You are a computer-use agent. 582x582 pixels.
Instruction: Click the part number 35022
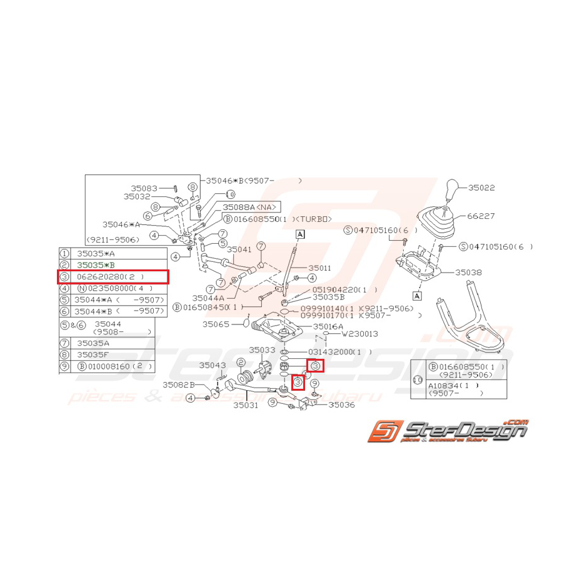tap(481, 187)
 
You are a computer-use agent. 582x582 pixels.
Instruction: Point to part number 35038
tap(468, 273)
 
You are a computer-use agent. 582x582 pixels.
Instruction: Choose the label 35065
tap(215, 324)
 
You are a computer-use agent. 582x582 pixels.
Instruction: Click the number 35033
tap(262, 350)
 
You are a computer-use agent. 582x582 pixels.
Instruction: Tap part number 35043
tap(213, 364)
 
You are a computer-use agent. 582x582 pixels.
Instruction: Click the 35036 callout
tap(341, 405)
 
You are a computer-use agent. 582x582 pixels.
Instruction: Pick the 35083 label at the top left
tap(144, 188)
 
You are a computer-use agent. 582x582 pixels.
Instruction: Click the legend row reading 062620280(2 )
tap(113, 276)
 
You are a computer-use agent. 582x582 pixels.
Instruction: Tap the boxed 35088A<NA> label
tap(248, 207)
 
